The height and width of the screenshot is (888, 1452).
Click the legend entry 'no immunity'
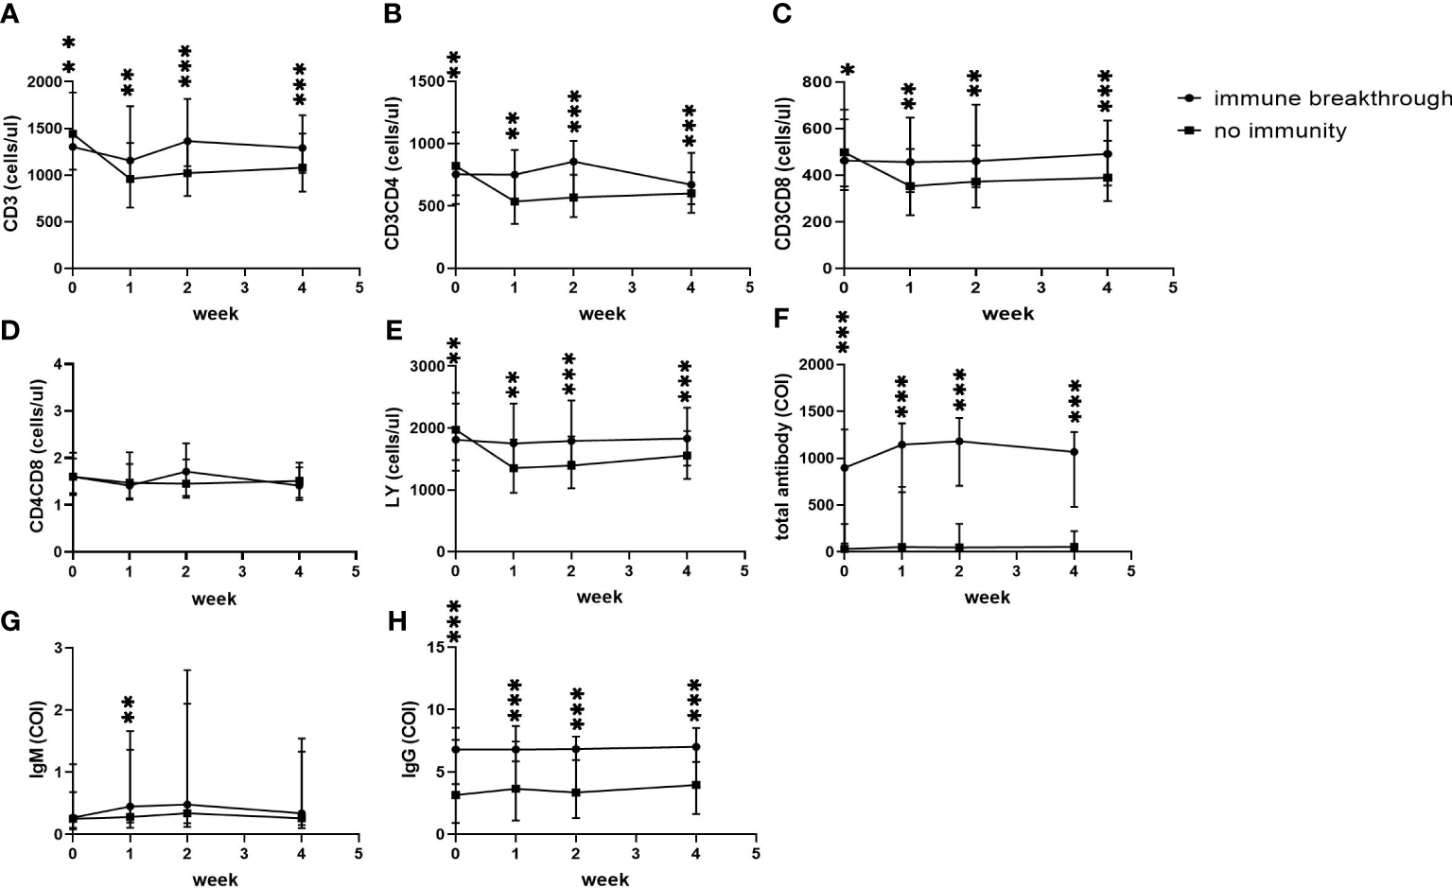(x=1280, y=131)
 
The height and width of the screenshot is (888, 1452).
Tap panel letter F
(x=781, y=319)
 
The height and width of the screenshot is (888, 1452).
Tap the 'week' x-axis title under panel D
(x=215, y=599)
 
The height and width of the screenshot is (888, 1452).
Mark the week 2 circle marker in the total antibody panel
(x=959, y=442)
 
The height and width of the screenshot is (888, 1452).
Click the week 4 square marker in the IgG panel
(x=696, y=785)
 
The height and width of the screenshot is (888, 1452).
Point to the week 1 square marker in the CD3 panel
(x=130, y=179)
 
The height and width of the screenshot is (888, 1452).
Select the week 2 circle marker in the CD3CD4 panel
(x=573, y=162)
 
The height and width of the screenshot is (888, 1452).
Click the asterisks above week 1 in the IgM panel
(x=129, y=712)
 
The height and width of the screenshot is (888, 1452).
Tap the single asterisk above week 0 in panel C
(x=848, y=71)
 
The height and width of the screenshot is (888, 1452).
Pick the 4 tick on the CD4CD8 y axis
(x=58, y=364)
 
